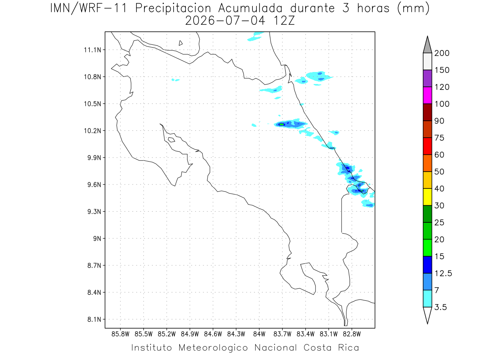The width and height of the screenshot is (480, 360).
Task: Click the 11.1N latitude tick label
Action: [x=92, y=50]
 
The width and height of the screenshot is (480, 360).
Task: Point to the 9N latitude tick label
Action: [x=97, y=238]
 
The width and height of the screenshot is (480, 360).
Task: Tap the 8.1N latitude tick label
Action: [x=94, y=319]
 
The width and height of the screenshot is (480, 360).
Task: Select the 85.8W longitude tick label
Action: [x=120, y=334]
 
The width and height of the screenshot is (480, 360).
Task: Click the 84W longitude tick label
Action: [x=259, y=334]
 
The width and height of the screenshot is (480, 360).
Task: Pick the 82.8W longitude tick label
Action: [x=352, y=334]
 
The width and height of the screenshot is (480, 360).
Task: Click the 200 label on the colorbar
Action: [x=442, y=53]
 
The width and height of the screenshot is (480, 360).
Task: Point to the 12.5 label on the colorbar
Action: [x=443, y=273]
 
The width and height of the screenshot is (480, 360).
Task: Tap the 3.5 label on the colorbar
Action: [x=440, y=307]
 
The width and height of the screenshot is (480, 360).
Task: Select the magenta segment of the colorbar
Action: [x=427, y=95]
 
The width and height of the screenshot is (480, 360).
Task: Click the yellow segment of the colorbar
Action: [x=427, y=197]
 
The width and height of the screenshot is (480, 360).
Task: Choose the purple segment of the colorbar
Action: [x=427, y=78]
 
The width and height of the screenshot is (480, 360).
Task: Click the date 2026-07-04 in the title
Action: [x=225, y=21]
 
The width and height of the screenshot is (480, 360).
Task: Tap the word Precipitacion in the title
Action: [x=173, y=8]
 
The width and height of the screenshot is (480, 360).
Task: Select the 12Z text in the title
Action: [x=284, y=21]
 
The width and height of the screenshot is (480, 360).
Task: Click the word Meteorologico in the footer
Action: [x=213, y=348]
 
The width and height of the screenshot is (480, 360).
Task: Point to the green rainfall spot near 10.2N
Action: [x=282, y=124]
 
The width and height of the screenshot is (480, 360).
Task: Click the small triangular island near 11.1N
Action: [x=180, y=43]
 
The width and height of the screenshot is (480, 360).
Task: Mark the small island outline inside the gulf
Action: [x=172, y=140]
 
